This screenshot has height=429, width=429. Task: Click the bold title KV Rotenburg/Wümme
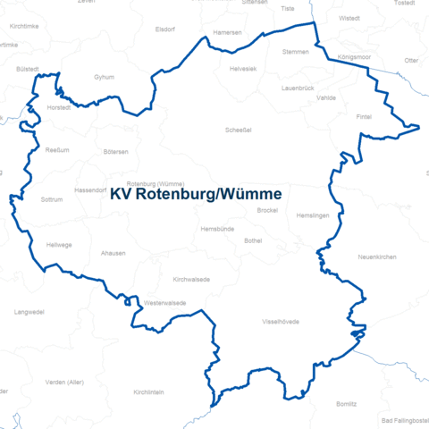pos(196,194)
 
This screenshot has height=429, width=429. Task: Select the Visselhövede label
pos(281,321)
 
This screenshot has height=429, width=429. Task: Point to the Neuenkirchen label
pos(376,257)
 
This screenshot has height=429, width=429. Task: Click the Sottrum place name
pos(54,199)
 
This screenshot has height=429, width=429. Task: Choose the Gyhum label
pos(104,78)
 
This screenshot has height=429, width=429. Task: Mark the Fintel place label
pos(363,117)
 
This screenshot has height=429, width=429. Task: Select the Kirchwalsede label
pos(191,279)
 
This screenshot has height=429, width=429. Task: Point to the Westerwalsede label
pos(165,303)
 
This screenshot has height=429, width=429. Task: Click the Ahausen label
pos(114,254)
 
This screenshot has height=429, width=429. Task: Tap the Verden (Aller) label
pos(64,382)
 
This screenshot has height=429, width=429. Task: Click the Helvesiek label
pos(242,69)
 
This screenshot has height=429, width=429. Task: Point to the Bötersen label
pos(115,152)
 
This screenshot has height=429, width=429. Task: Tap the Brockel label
pos(268,210)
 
